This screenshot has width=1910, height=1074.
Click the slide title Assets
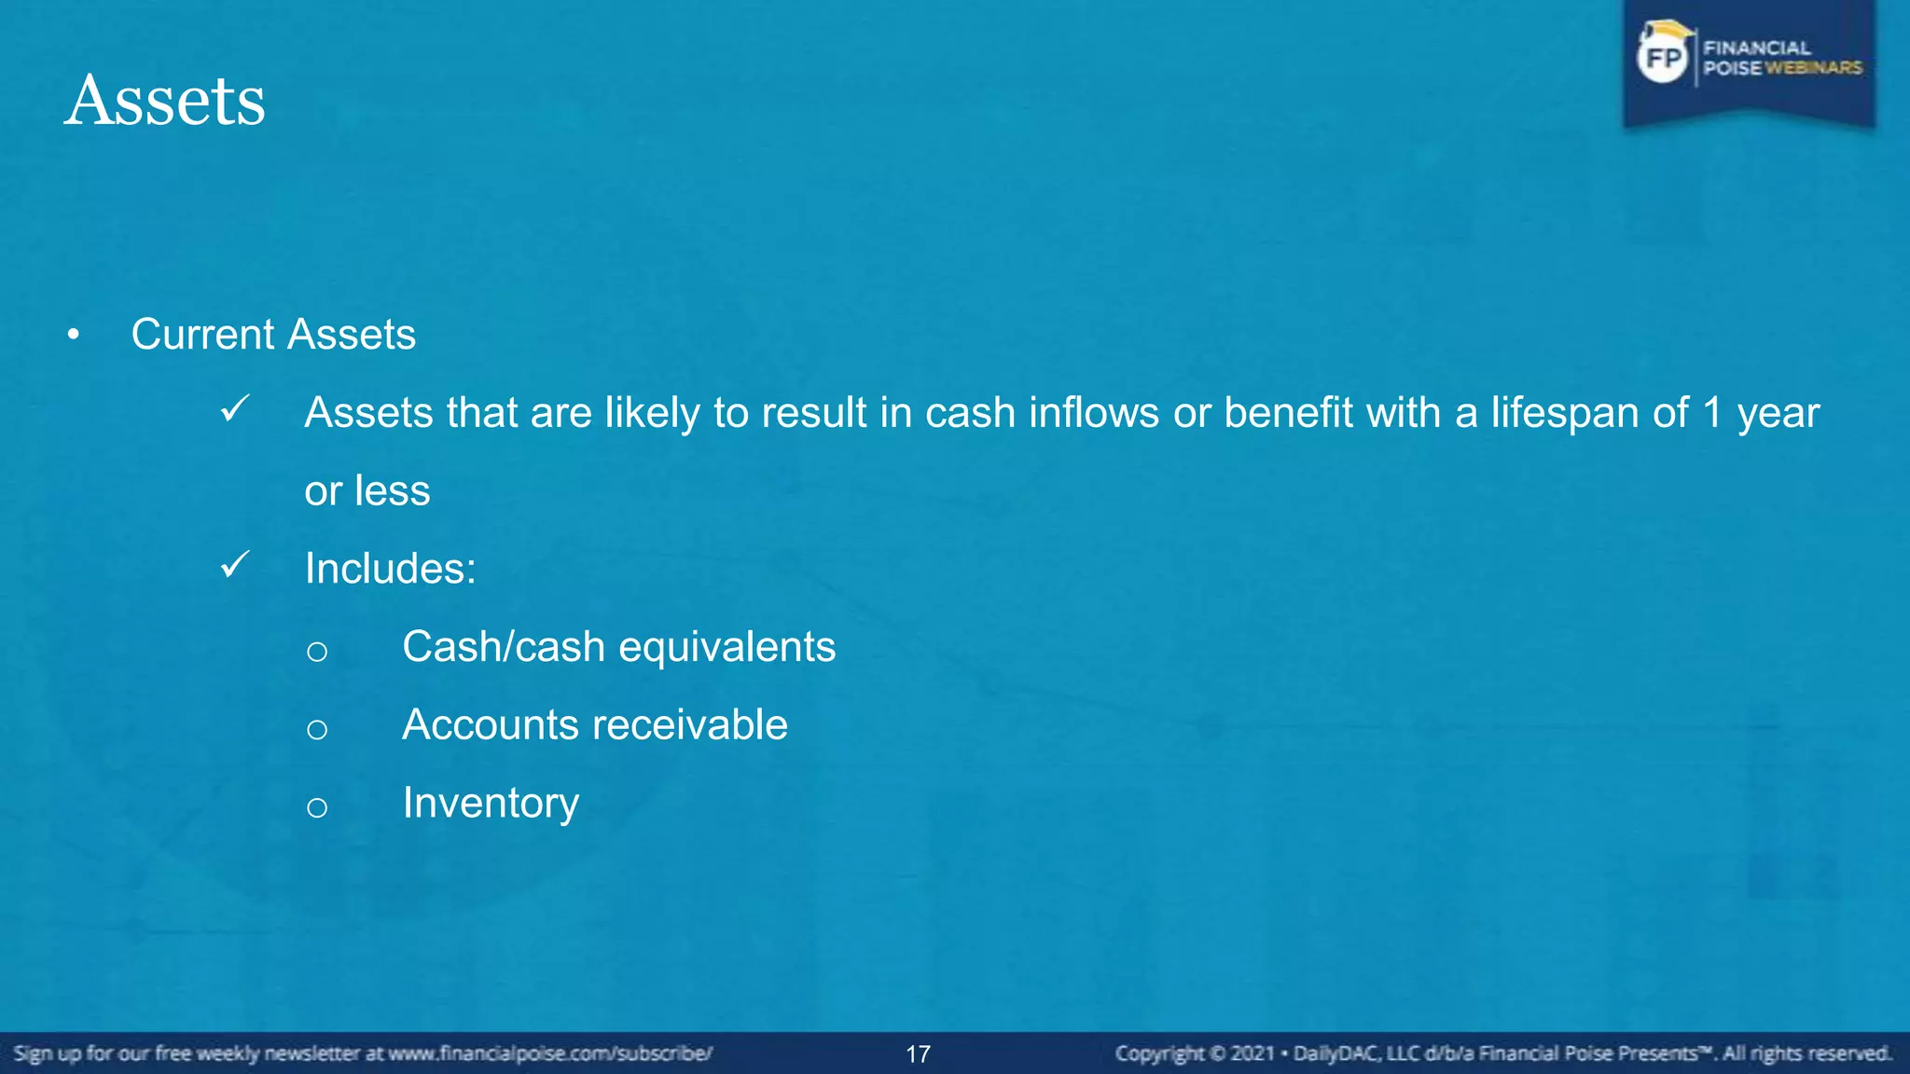[x=165, y=101]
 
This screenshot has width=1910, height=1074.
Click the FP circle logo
[x=1663, y=59]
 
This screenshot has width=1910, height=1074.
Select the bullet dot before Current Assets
[x=74, y=336]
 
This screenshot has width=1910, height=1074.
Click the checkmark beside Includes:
[x=235, y=565]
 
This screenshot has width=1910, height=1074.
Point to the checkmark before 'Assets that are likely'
[x=235, y=408]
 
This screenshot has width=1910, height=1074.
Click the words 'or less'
[x=367, y=491]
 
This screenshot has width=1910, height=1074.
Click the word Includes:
[x=390, y=569]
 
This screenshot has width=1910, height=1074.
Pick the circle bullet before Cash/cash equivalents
[x=317, y=651]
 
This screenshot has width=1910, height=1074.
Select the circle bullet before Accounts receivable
[x=317, y=729]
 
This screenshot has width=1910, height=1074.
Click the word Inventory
[x=491, y=804]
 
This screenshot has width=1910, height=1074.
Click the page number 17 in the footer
[x=918, y=1054]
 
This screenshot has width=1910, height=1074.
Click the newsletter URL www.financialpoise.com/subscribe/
[x=550, y=1053]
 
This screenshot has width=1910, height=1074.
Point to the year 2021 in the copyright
[x=1252, y=1053]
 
